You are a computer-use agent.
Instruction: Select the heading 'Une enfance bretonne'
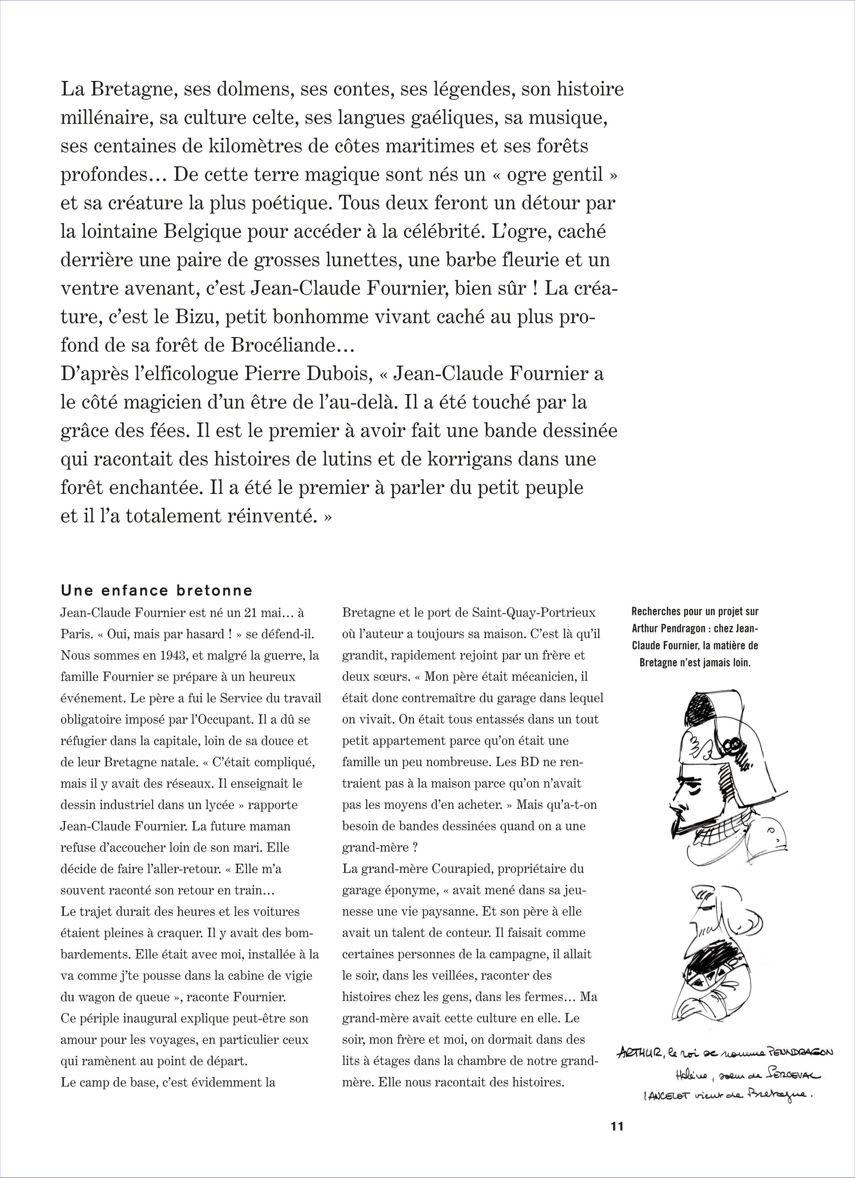156,591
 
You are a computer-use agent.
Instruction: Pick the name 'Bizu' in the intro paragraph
194,317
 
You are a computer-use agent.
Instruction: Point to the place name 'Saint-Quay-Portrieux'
533,613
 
